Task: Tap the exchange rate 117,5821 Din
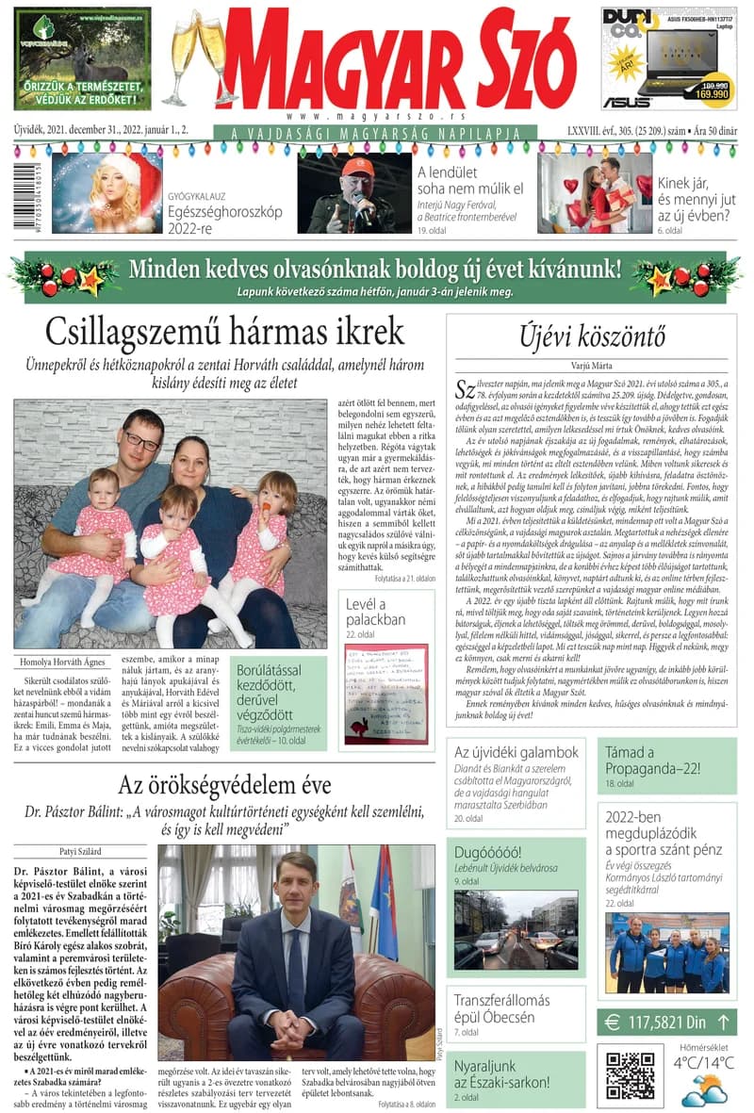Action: [666, 1022]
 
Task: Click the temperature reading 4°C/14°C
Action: [704, 1063]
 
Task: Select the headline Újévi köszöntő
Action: [593, 336]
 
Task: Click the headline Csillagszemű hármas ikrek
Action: [224, 332]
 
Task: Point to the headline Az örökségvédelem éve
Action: [224, 785]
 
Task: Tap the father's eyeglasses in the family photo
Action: [141, 440]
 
